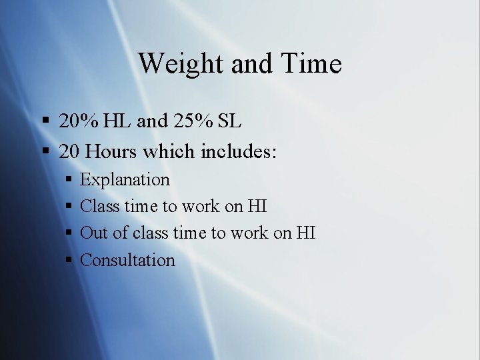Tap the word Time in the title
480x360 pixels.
[x=312, y=64]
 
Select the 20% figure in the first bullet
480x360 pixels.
[x=78, y=121]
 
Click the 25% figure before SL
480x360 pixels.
[x=196, y=121]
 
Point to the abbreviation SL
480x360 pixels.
[x=229, y=121]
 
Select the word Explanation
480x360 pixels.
[x=125, y=180]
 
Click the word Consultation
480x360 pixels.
[x=127, y=260]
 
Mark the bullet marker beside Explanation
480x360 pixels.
[x=70, y=180]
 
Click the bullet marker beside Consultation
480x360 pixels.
[x=70, y=260]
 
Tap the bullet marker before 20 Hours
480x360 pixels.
[x=47, y=151]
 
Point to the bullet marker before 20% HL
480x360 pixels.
[x=47, y=121]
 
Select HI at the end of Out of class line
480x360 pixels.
[x=305, y=233]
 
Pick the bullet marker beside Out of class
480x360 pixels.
[x=70, y=233]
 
